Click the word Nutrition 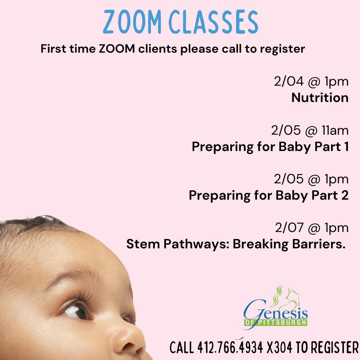(320, 98)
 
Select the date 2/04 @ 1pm (311, 82)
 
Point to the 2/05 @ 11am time (310, 131)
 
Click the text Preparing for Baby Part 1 (270, 147)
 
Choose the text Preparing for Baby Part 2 (269, 195)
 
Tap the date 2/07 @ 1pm (312, 228)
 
